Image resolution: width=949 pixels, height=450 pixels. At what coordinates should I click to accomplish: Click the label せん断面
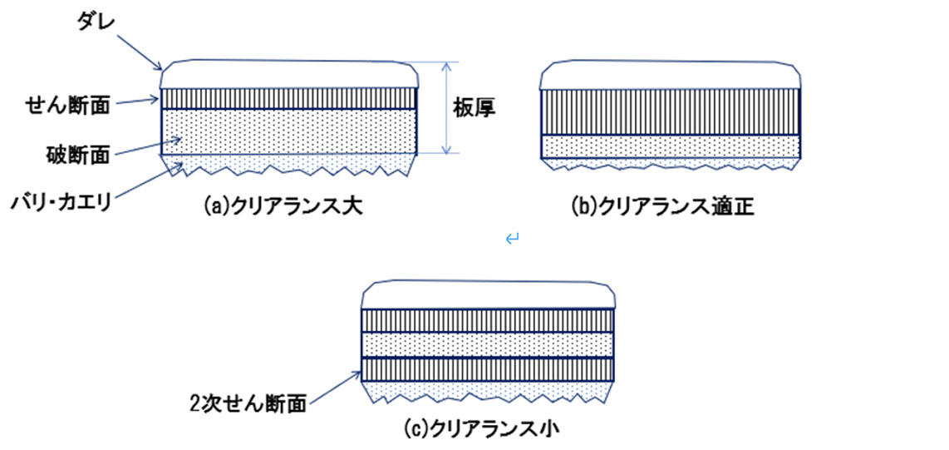point(67,106)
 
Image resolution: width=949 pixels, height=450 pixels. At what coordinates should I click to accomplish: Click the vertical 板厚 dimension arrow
point(446,108)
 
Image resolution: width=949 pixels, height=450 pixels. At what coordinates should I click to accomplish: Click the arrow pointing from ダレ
point(138,52)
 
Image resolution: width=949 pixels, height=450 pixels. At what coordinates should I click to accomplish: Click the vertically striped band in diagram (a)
point(288,99)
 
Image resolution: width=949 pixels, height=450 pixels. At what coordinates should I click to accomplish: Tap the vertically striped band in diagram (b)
point(670,111)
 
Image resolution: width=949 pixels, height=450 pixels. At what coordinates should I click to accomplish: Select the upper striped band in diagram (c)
point(487,320)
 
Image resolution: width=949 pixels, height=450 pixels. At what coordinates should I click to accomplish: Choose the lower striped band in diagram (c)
point(487,368)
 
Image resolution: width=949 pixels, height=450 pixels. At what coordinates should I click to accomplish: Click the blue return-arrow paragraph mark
point(512,240)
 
